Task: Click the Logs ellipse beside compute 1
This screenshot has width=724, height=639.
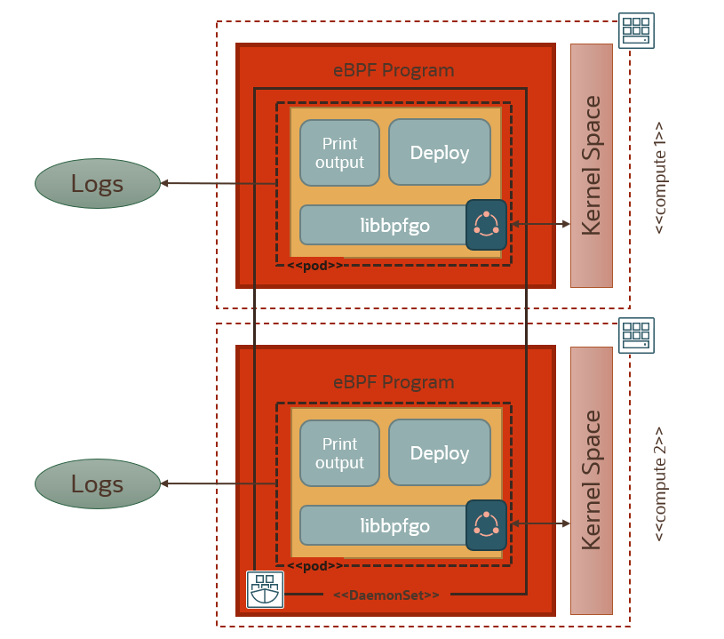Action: pos(97,184)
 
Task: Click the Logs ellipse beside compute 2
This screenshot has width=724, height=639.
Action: pos(97,484)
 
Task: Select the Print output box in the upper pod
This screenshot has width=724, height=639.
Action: pos(339,153)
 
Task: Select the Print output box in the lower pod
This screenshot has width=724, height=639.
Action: pos(339,453)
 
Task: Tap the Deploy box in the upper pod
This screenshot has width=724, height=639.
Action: pos(440,153)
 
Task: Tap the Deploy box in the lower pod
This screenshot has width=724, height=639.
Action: pos(440,453)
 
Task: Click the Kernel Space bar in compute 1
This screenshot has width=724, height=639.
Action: pos(592,165)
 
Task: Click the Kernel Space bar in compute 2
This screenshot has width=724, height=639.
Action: pos(592,480)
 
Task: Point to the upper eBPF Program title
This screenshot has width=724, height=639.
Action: pos(394,70)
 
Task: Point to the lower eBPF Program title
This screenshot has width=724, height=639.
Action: pos(394,383)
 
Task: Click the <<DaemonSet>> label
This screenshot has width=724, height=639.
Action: pos(386,594)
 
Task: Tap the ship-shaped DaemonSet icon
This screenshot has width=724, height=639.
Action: pos(265,589)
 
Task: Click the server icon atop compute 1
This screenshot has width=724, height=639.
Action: pos(636,30)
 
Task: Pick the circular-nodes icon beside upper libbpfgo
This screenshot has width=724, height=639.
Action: pos(486,225)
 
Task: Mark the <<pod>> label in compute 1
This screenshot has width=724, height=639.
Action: pos(314,265)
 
